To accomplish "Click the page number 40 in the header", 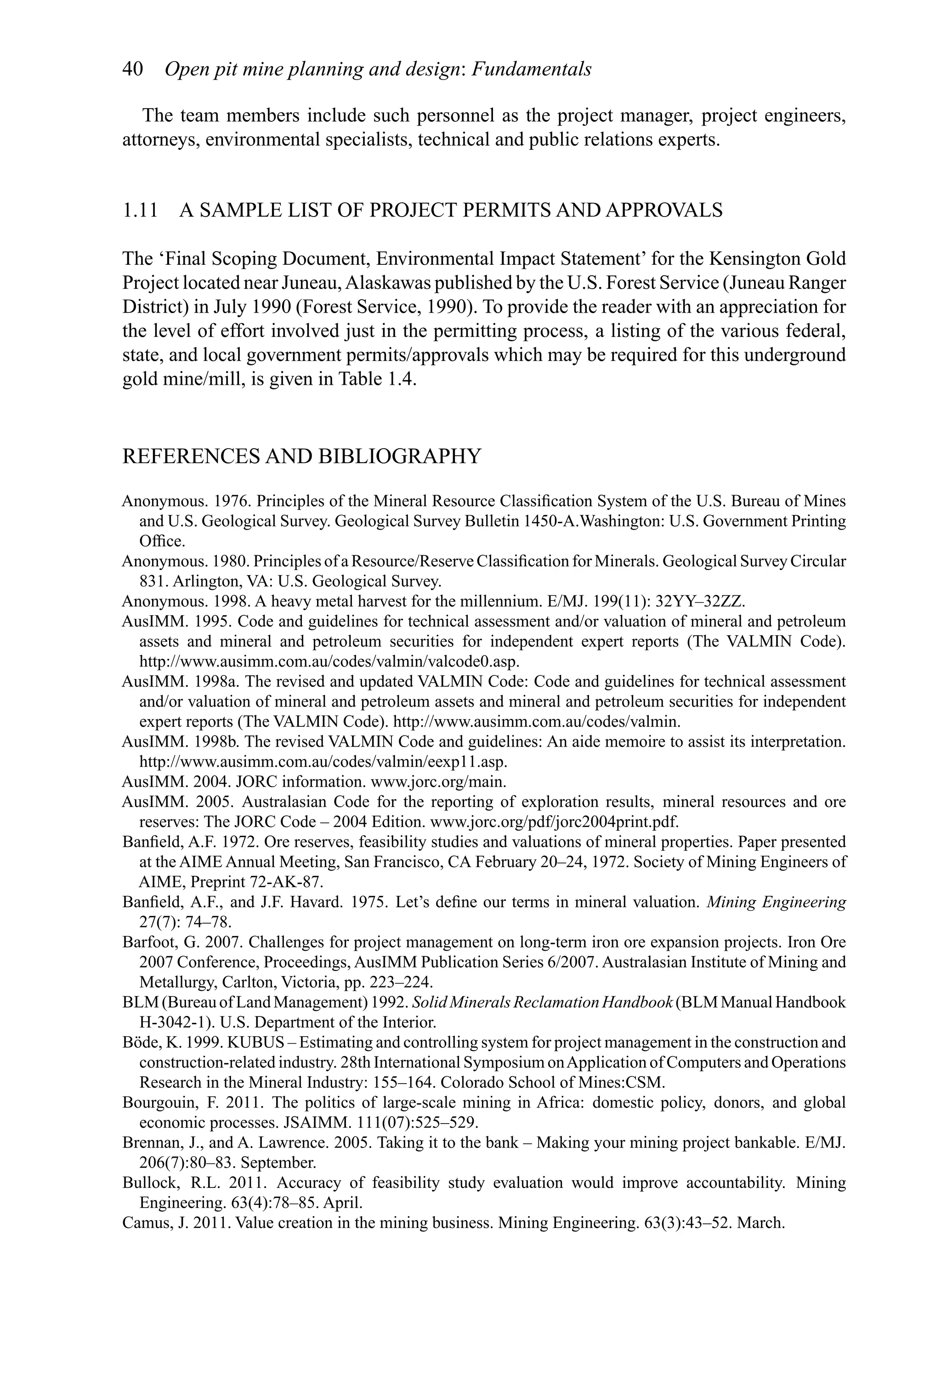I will [x=133, y=69].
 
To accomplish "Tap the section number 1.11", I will [x=140, y=210].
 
